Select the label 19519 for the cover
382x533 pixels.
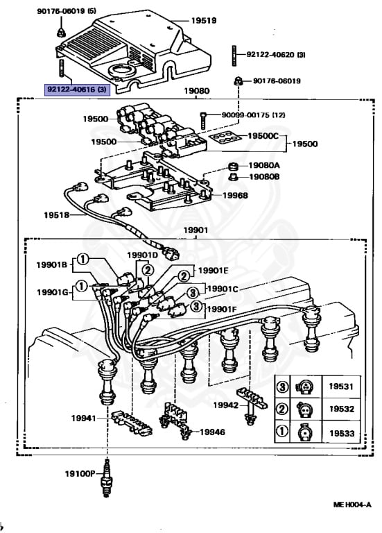tap(204, 20)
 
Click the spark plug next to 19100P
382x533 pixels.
tap(107, 477)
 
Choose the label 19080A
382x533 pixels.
tap(264, 165)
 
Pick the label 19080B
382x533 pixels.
tap(264, 177)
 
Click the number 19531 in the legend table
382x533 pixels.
tap(341, 387)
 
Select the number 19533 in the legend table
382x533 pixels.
tap(342, 433)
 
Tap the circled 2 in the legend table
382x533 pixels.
tap(282, 409)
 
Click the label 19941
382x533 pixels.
tap(83, 418)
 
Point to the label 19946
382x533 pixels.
tap(212, 432)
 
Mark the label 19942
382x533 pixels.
tap(226, 405)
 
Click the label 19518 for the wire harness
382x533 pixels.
tap(56, 215)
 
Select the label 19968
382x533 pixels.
tap(235, 195)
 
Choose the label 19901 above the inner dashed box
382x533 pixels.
tap(196, 230)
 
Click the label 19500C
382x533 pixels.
tap(263, 136)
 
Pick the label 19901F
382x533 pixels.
tap(222, 309)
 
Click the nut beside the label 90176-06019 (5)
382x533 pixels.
tap(61, 33)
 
